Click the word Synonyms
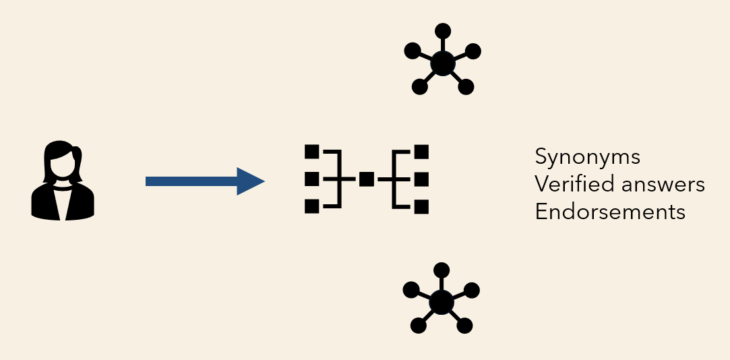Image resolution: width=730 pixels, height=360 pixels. pos(587,158)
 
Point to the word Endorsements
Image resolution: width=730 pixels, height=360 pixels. pos(610,212)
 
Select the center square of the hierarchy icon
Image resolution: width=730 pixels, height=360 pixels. pos(367,179)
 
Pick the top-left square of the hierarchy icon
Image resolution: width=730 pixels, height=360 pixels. pos(311,152)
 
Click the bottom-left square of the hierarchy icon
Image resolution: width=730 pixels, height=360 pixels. pos(311,206)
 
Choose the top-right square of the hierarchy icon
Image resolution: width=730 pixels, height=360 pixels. pos(422,152)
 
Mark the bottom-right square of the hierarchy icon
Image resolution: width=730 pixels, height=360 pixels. pos(422,206)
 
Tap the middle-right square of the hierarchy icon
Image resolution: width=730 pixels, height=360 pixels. pos(422,179)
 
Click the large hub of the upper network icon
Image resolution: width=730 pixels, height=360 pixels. pos(442,63)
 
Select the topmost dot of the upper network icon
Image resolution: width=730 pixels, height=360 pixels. pos(442,30)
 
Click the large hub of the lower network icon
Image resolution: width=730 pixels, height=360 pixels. pos(441,302)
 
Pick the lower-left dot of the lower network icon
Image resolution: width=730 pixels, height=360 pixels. pos(419,326)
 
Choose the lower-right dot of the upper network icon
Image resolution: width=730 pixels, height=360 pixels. pos(466,86)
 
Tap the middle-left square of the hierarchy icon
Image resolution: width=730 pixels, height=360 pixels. pos(311,179)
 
